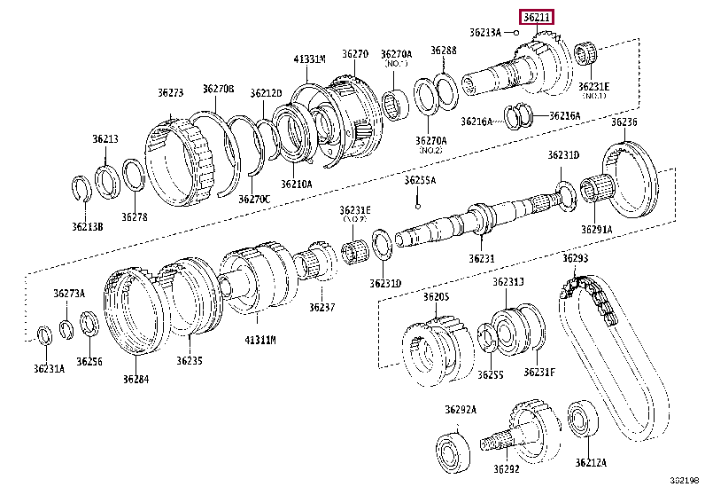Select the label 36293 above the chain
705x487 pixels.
tap(575, 258)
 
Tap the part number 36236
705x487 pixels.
tap(624, 122)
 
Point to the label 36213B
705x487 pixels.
tap(87, 226)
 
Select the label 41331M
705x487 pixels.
tap(310, 59)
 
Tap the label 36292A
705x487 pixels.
tap(461, 409)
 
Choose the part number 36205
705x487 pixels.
tap(436, 296)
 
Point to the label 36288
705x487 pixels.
tap(444, 51)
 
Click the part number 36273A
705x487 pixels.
tap(68, 293)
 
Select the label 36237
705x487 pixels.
tap(322, 307)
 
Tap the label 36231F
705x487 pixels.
tap(539, 372)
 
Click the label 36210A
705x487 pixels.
tap(297, 184)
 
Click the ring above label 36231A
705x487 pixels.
tap(43, 334)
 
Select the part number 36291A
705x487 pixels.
tap(596, 229)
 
